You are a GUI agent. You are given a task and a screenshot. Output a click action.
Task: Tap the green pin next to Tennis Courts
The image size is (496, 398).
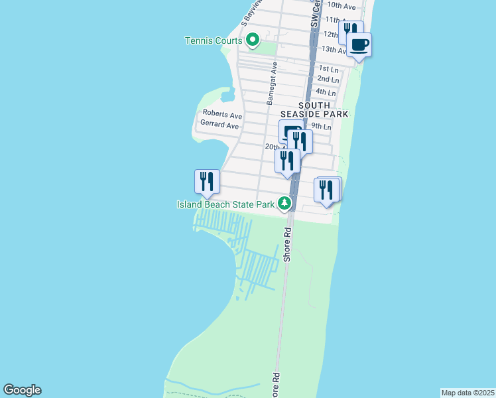(253, 40)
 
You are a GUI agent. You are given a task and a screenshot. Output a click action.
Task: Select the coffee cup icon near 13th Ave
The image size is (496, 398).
(359, 45)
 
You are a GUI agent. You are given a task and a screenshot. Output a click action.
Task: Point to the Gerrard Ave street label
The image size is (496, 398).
(220, 125)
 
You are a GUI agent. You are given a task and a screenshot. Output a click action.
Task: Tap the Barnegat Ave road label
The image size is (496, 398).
(271, 84)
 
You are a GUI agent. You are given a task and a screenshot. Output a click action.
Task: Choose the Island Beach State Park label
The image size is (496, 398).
(225, 204)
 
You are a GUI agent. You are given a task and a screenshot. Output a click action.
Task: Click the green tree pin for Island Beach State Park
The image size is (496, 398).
(285, 203)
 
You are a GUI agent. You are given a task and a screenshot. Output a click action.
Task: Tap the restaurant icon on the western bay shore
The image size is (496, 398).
(207, 181)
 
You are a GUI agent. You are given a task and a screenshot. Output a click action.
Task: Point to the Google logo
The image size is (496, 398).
(22, 390)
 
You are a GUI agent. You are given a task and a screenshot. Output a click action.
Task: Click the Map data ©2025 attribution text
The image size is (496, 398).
(467, 392)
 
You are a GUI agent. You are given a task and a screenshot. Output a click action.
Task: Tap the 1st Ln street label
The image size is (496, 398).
(328, 69)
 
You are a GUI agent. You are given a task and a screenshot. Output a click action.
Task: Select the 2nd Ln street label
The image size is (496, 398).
(328, 79)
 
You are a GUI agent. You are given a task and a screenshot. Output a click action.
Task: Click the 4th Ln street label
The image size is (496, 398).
(326, 92)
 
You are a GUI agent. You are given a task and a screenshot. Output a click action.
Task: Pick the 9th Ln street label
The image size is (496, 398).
(321, 126)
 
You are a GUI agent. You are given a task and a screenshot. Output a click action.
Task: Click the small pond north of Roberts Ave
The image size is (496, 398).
(227, 96)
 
